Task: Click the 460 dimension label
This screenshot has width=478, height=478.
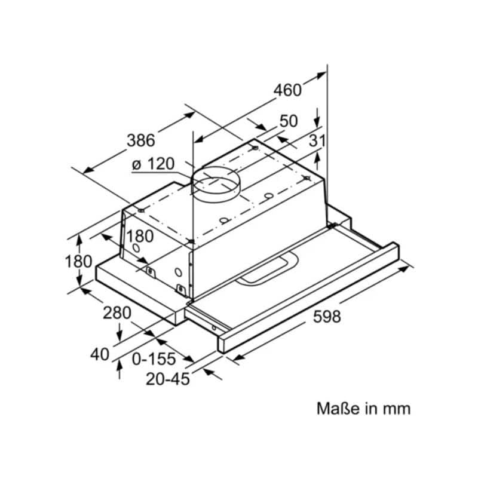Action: (287, 90)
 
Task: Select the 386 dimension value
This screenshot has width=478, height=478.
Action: (141, 140)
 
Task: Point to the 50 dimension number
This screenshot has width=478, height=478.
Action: (288, 121)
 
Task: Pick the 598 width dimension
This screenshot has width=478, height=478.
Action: (327, 317)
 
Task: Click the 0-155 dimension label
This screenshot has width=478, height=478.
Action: (154, 358)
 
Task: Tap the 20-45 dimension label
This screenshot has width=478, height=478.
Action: (167, 378)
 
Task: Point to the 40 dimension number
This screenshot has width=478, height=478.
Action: (100, 354)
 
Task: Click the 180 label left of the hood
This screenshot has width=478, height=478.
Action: (79, 261)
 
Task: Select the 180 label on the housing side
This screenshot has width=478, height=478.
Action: (140, 236)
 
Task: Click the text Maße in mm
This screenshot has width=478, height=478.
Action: (363, 409)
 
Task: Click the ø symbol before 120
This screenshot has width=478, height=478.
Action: (136, 164)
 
